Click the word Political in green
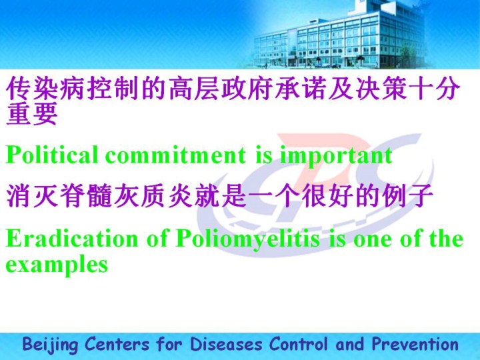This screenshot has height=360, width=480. (x=52, y=155)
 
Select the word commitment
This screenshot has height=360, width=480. (x=175, y=155)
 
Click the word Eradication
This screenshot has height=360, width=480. (x=72, y=239)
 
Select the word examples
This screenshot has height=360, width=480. (x=57, y=265)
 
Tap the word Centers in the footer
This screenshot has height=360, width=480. (x=117, y=344)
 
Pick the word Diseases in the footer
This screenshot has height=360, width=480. (x=226, y=344)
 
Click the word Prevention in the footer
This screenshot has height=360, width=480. (x=415, y=344)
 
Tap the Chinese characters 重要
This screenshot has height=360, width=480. (x=32, y=113)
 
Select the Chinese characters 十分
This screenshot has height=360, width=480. (x=434, y=89)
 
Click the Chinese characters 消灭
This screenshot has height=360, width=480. (x=32, y=195)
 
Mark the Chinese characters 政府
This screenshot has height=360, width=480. (x=247, y=89)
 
